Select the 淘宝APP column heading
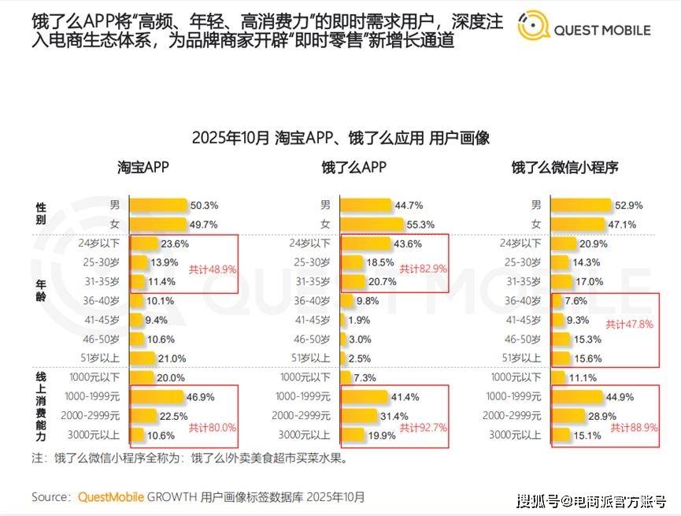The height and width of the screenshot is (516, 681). click(143, 167)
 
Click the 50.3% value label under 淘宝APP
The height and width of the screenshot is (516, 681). click(205, 206)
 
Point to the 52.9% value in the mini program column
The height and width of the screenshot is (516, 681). click(629, 206)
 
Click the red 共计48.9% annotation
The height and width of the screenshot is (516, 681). click(213, 269)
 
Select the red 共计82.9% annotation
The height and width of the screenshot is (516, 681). click(423, 269)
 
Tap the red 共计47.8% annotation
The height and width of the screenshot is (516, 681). click(629, 325)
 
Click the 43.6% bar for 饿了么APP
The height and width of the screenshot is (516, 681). click(365, 244)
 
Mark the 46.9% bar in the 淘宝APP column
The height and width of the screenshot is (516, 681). click(158, 397)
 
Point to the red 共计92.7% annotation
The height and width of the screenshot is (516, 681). click(423, 428)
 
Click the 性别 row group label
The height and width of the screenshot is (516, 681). click(41, 213)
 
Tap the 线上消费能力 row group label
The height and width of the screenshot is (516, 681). click(41, 405)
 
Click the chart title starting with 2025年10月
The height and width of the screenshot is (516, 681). click(340, 138)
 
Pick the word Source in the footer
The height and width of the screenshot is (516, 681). click(52, 497)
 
